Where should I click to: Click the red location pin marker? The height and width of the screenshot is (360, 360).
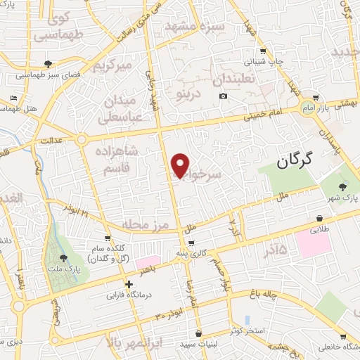(180, 165)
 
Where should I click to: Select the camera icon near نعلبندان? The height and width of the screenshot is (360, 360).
(223, 96)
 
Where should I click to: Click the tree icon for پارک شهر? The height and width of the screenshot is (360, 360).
(342, 187)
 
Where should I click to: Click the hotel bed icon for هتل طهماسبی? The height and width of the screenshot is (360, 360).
(14, 98)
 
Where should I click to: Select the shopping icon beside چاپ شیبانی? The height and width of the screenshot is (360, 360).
(262, 51)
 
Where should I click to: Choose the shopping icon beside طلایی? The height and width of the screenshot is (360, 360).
(320, 219)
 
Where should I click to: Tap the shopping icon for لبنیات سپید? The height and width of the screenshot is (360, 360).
(198, 333)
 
